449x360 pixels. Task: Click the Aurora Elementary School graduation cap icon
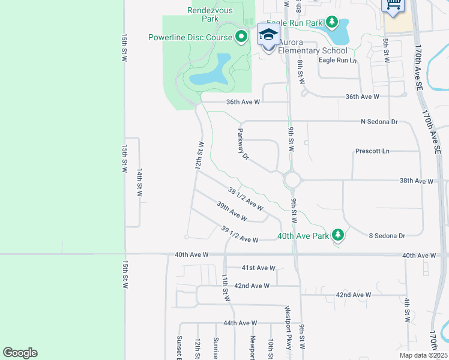coord(268,35)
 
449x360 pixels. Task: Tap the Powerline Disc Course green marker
coord(241,37)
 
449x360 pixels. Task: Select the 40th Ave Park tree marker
coord(338,235)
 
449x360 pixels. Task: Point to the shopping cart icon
coord(393,5)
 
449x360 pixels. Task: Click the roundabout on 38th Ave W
coord(292,179)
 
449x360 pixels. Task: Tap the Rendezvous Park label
coord(211,14)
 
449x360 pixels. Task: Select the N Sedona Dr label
coord(379,122)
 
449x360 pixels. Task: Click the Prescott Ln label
coord(372,151)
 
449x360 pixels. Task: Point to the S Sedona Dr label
coord(387,235)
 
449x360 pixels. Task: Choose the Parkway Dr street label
coord(243,145)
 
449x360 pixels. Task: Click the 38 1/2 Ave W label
coord(246,199)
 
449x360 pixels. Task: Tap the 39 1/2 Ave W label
coord(239,235)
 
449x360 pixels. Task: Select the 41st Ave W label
coord(258,268)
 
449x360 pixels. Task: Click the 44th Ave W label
coord(240,323)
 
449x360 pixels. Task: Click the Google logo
coord(20,353)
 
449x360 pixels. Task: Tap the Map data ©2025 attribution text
coord(423,355)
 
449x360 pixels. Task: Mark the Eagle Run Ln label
coord(337,60)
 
